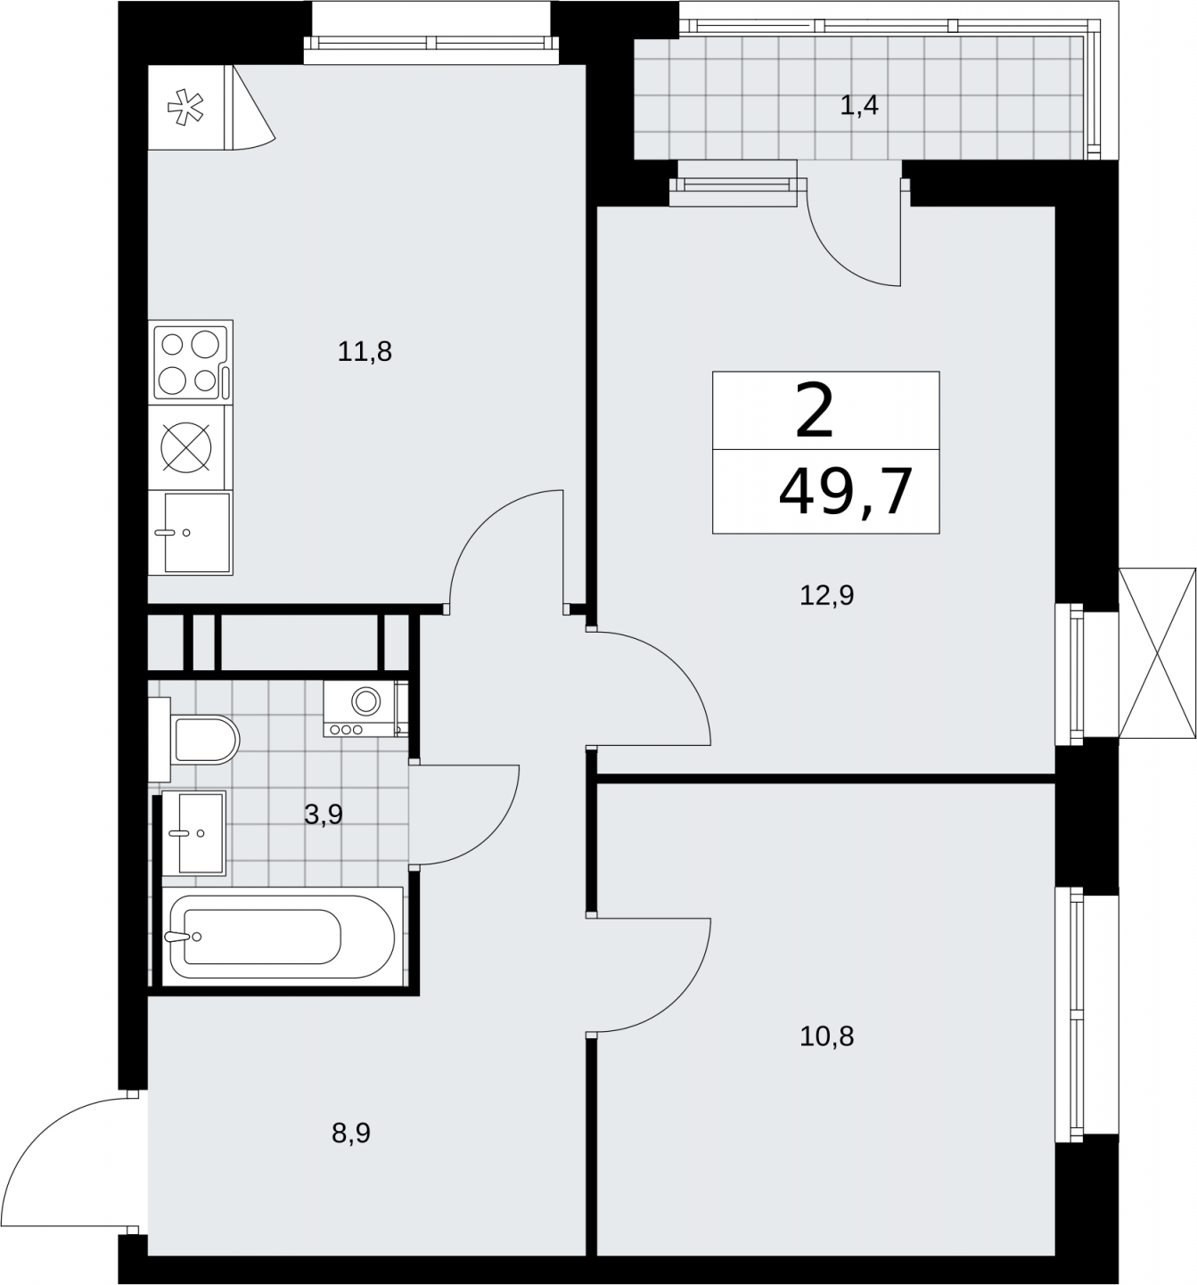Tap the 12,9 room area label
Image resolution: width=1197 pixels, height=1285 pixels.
pyautogui.click(x=827, y=594)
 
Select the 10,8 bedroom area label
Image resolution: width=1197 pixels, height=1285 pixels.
pyautogui.click(x=827, y=1036)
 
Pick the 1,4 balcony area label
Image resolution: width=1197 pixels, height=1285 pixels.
pyautogui.click(x=859, y=105)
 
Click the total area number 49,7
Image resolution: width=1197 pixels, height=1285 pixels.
pyautogui.click(x=845, y=493)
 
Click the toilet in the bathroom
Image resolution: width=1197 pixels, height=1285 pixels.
pyautogui.click(x=194, y=740)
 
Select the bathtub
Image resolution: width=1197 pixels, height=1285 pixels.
pyautogui.click(x=283, y=937)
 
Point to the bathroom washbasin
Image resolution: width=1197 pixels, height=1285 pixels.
pyautogui.click(x=193, y=832)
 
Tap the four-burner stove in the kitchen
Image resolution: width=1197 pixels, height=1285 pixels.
pyautogui.click(x=191, y=362)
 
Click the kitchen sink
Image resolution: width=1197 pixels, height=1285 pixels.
pyautogui.click(x=191, y=532)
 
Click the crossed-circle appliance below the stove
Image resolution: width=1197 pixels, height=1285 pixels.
pyautogui.click(x=186, y=447)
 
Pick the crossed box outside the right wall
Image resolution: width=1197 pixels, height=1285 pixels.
pyautogui.click(x=1157, y=653)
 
